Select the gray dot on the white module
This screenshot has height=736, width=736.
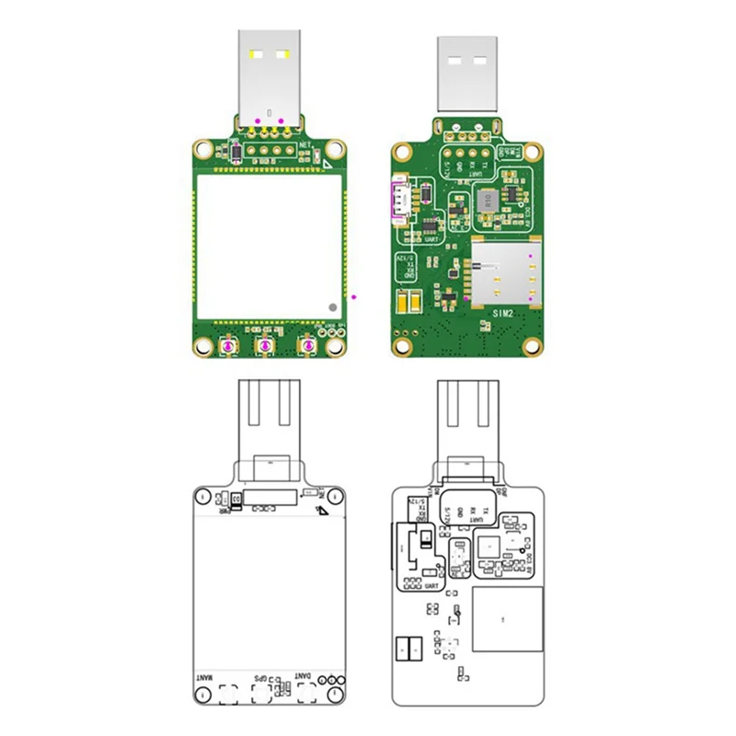pos(331,305)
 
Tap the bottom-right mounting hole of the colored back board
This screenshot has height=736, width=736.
pos(531,345)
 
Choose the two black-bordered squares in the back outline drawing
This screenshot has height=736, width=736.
pos(409,650)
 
